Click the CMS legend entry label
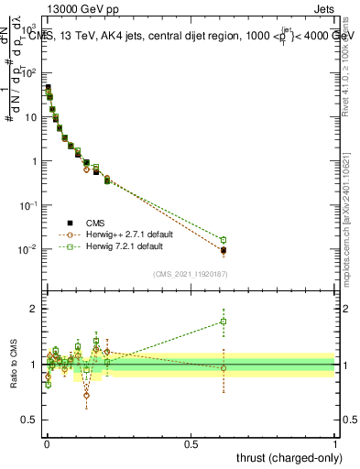click(x=95, y=222)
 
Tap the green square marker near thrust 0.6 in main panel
click(x=224, y=240)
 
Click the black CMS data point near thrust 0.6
click(x=224, y=250)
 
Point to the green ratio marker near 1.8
click(x=224, y=322)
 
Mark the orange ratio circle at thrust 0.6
click(x=224, y=368)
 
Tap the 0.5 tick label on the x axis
click(x=191, y=444)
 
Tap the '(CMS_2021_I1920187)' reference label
click(x=191, y=275)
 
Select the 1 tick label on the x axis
click(x=335, y=444)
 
